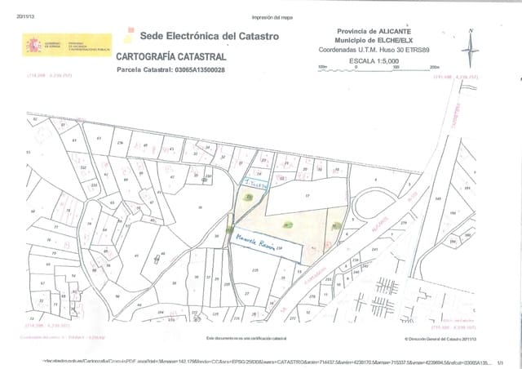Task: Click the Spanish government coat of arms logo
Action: pyautogui.click(x=33, y=45)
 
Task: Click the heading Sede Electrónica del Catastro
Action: pyautogui.click(x=199, y=36)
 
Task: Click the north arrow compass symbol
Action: pyautogui.click(x=471, y=47)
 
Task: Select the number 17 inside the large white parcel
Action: pyautogui.click(x=307, y=196)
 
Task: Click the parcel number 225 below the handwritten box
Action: pyautogui.click(x=255, y=269)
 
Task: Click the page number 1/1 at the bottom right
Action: pyautogui.click(x=499, y=358)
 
